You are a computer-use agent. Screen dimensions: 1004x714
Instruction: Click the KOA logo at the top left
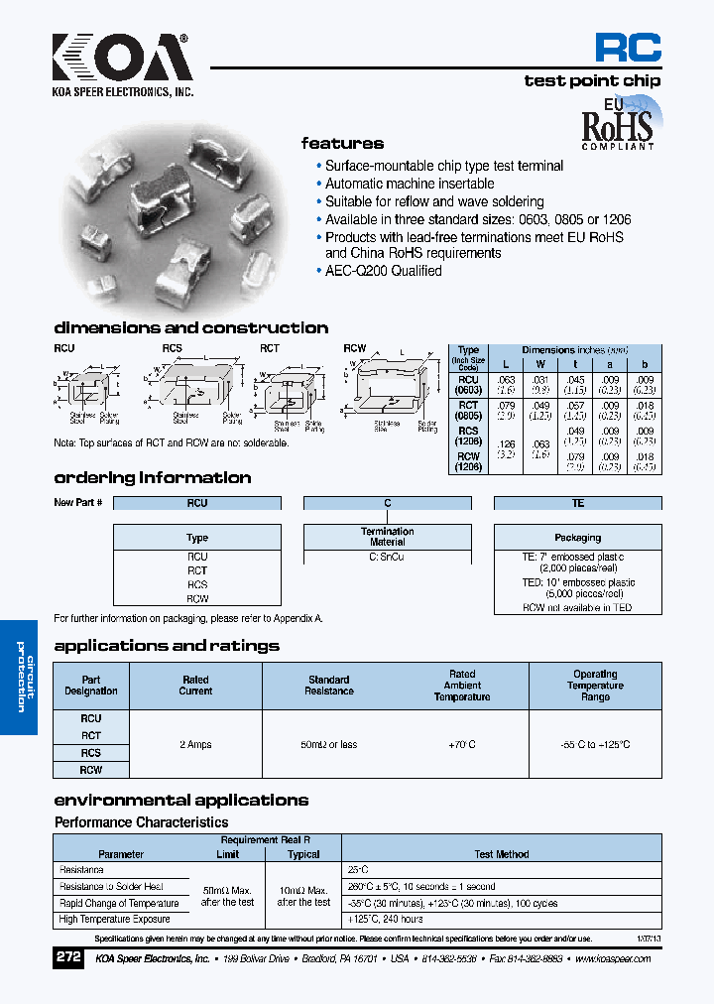point(122,62)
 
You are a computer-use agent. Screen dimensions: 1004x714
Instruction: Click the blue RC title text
point(627,48)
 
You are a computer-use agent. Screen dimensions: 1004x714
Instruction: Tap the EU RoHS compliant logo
point(617,123)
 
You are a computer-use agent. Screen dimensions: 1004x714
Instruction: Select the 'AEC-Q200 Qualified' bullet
point(383,271)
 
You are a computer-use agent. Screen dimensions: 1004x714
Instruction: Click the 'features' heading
point(342,144)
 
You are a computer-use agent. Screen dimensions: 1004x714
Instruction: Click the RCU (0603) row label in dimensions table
point(468,385)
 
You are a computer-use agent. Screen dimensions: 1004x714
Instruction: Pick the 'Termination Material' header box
point(387,537)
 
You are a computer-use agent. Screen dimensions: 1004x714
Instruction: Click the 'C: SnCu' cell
point(387,558)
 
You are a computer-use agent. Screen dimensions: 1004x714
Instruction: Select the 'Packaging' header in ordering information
point(577,537)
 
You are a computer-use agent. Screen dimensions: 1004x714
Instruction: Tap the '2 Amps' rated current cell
point(195,744)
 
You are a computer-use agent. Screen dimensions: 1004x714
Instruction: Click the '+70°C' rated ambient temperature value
point(462,744)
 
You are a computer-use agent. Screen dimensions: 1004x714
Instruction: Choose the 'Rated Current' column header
point(195,686)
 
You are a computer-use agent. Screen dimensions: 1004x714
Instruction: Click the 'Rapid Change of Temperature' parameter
point(119,904)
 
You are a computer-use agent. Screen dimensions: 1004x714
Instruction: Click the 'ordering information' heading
point(152,478)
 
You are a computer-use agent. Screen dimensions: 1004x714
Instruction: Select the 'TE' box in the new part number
point(577,503)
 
